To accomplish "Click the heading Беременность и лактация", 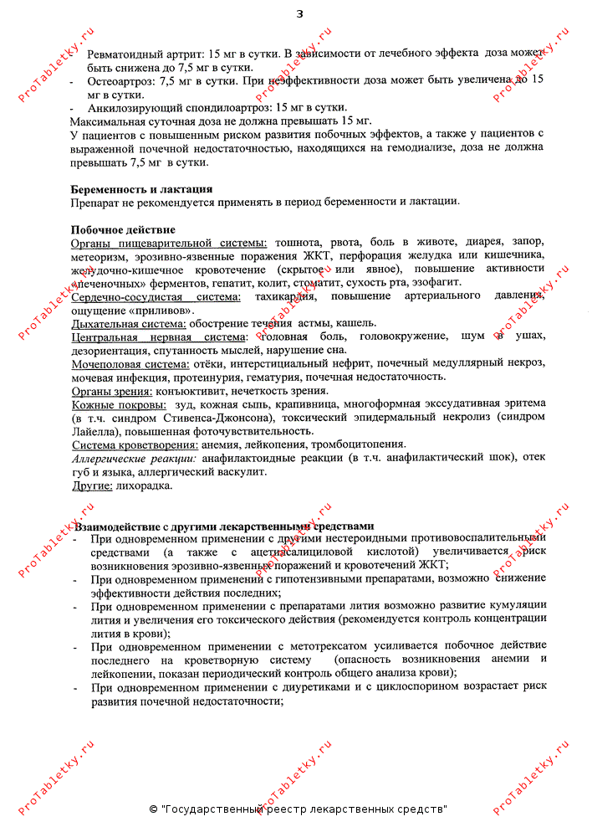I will click(x=141, y=189).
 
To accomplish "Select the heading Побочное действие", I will click(x=123, y=229).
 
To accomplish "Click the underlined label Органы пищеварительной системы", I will click(x=169, y=243).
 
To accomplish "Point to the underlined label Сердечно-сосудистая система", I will click(x=156, y=296).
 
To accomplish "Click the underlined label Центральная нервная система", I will click(x=154, y=336).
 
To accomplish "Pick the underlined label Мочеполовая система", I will click(x=130, y=363).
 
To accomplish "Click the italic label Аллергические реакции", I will click(x=134, y=458).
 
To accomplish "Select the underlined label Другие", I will click(x=92, y=485).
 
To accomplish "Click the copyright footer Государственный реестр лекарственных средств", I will click(x=303, y=809).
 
